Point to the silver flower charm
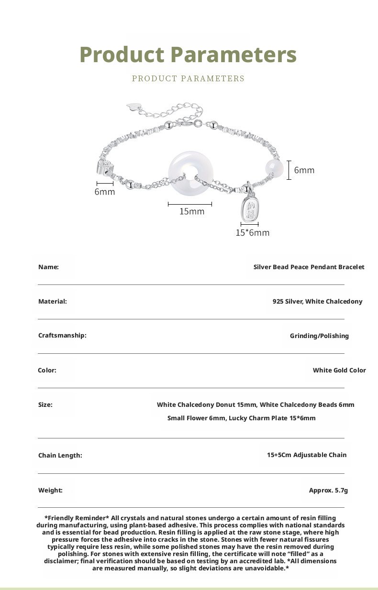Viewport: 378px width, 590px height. [x=104, y=167]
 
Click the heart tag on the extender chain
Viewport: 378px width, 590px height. [x=132, y=107]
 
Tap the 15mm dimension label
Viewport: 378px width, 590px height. [x=191, y=211]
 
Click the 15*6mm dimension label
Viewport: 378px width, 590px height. [x=253, y=233]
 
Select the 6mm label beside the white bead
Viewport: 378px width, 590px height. [x=304, y=170]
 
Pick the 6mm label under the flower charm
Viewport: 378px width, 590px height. [x=105, y=192]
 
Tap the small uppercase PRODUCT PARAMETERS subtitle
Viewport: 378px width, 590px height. [x=188, y=78]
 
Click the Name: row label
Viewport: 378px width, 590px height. [x=48, y=267]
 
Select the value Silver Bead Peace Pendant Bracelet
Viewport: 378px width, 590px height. [x=309, y=267]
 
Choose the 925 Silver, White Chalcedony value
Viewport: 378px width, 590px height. [x=317, y=301]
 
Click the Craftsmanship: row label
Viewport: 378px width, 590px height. [x=62, y=335]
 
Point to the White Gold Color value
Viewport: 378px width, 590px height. [x=339, y=370]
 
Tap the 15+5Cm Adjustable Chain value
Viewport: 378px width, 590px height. [x=307, y=455]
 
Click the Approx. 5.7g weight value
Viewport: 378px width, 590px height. [x=328, y=490]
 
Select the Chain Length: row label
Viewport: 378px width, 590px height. [x=60, y=455]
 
